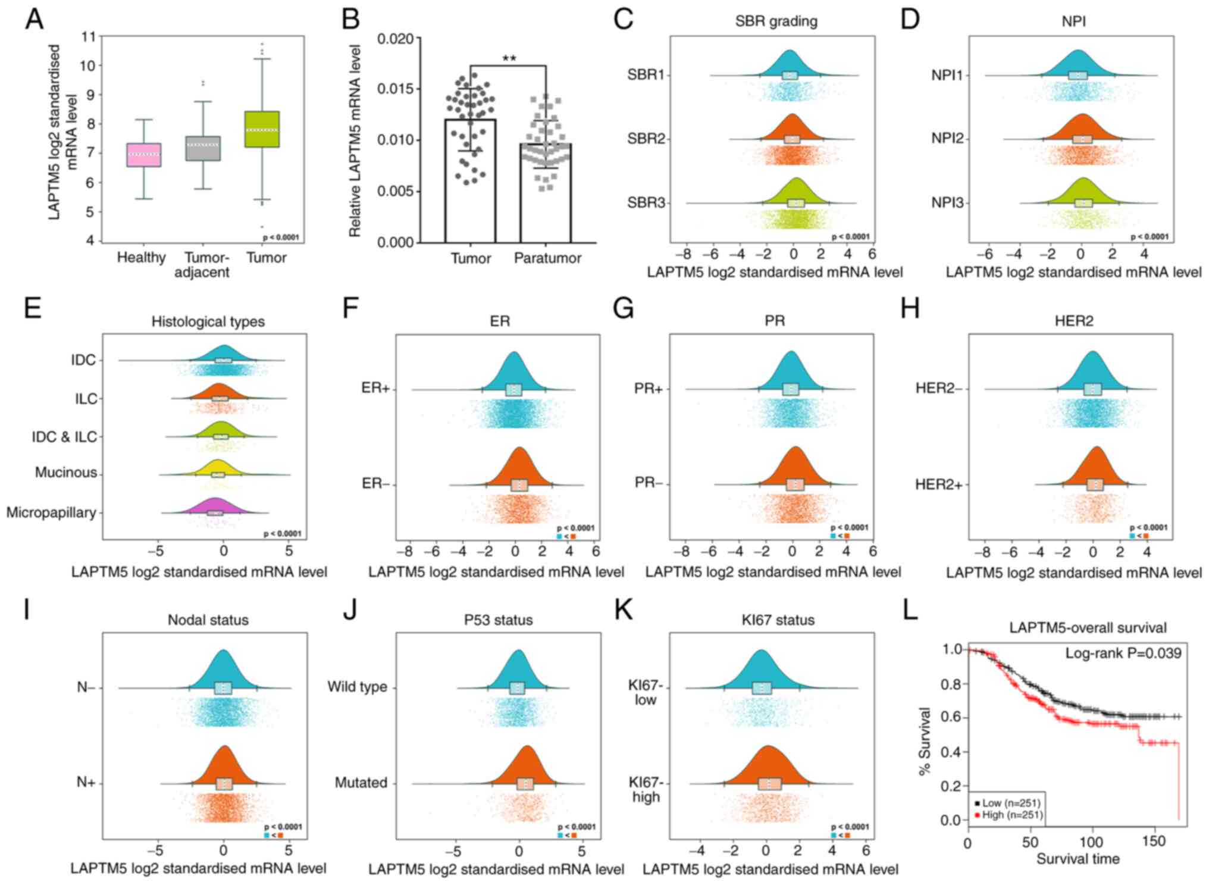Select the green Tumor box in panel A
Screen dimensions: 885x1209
click(262, 129)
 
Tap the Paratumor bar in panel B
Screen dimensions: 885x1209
click(546, 193)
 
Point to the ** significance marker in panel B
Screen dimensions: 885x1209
click(509, 58)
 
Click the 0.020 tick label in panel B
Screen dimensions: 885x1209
click(395, 39)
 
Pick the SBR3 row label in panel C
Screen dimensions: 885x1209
click(646, 203)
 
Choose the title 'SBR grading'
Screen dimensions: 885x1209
click(776, 21)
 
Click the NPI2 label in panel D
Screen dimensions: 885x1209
click(947, 139)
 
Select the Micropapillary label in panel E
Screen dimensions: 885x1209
click(51, 512)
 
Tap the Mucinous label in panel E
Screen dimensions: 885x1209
click(65, 473)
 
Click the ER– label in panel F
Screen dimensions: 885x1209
click(375, 484)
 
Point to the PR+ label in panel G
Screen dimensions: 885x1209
click(649, 389)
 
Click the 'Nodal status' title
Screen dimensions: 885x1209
click(208, 620)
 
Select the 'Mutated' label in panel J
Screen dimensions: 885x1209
click(361, 783)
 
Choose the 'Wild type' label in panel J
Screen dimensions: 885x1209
click(357, 687)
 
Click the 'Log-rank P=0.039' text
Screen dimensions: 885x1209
click(1123, 653)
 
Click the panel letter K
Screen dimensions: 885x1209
click(624, 611)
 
